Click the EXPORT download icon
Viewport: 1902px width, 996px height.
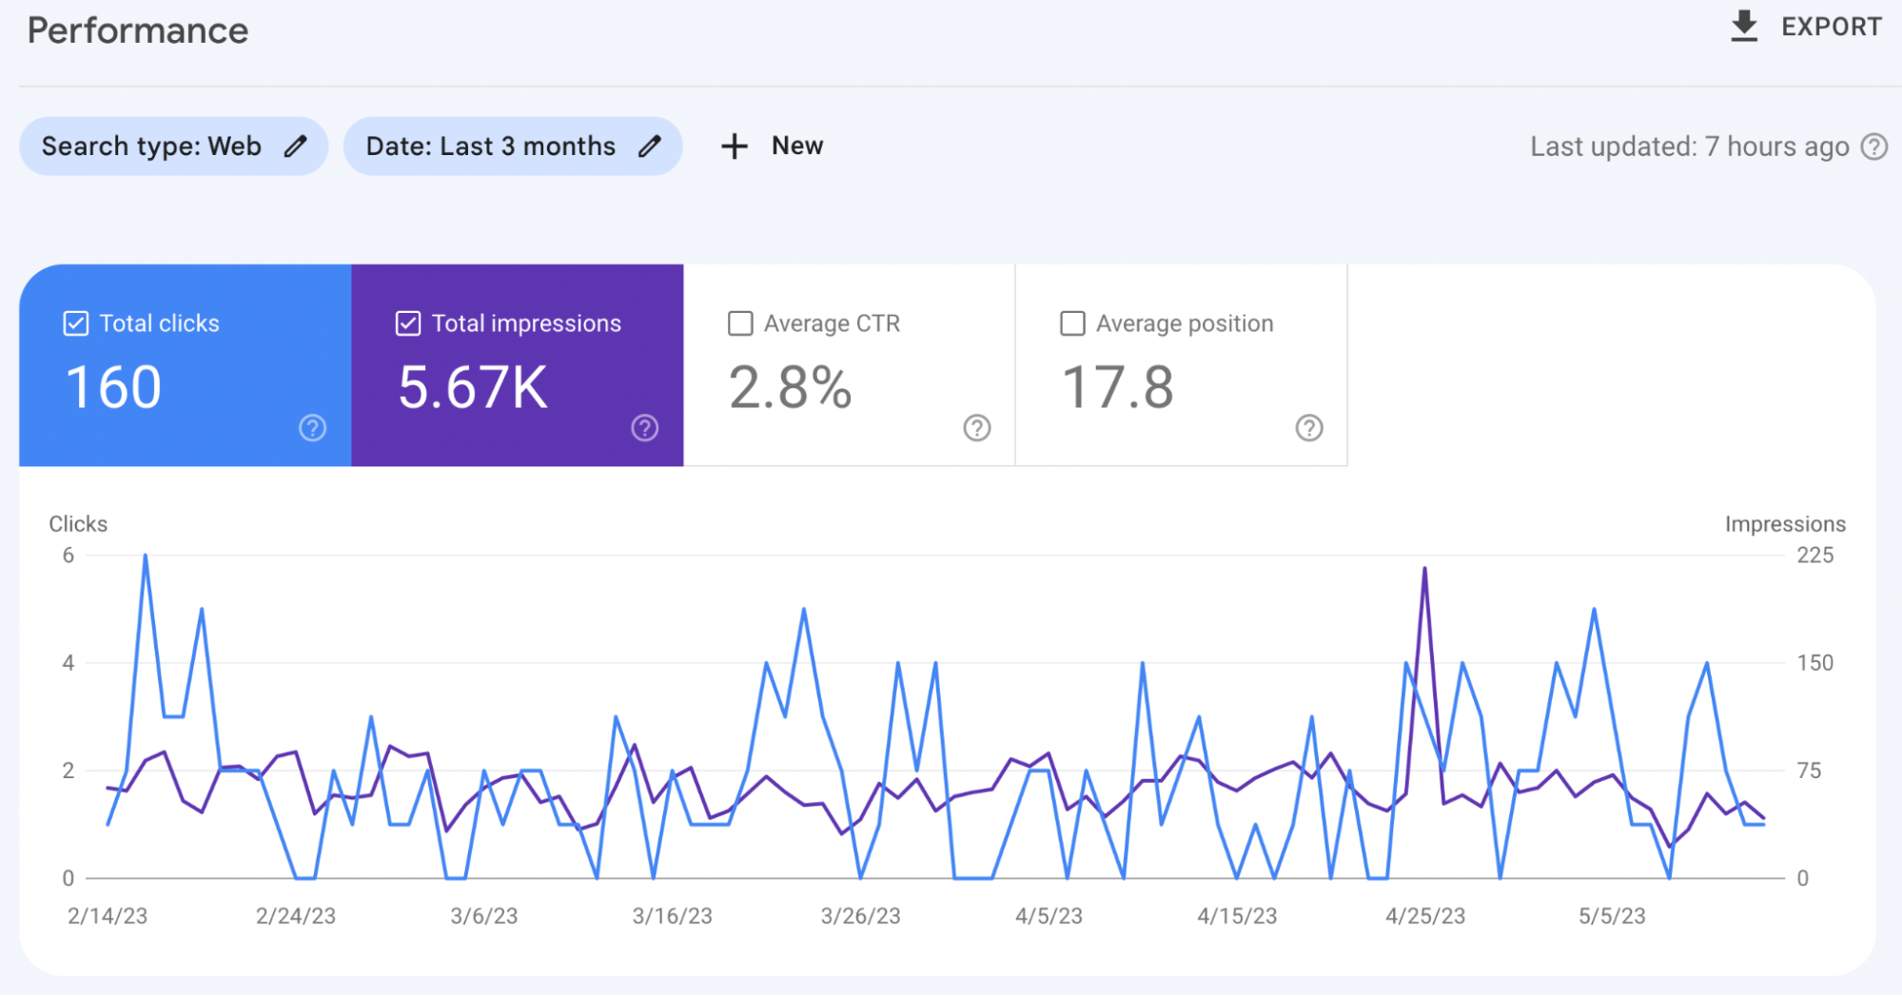coord(1743,27)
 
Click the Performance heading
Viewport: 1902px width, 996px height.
coord(138,30)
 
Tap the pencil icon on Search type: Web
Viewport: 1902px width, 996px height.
coord(296,146)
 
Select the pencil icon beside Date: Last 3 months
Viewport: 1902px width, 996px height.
coord(650,146)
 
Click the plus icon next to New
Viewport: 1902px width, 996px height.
coord(734,146)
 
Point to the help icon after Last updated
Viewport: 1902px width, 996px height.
coord(1874,146)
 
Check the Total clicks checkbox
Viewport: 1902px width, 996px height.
coord(76,323)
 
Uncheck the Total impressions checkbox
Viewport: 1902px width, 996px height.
coord(408,323)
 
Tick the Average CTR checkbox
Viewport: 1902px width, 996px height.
coord(740,323)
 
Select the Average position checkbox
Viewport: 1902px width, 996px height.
coord(1072,323)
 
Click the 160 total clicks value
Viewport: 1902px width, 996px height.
coord(113,388)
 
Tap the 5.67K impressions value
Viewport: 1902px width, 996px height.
coord(473,388)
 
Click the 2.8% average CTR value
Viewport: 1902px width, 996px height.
coord(790,388)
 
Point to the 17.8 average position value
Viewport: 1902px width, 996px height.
coord(1117,388)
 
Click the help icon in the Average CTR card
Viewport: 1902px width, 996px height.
coord(977,428)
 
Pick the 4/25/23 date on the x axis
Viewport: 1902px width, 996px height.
coord(1424,916)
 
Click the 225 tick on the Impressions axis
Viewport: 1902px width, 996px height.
coord(1814,556)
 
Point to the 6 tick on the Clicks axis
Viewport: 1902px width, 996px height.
coord(69,556)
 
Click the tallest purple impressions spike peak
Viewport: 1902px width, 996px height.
coord(1424,569)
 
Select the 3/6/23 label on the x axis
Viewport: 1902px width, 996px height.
coord(483,916)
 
